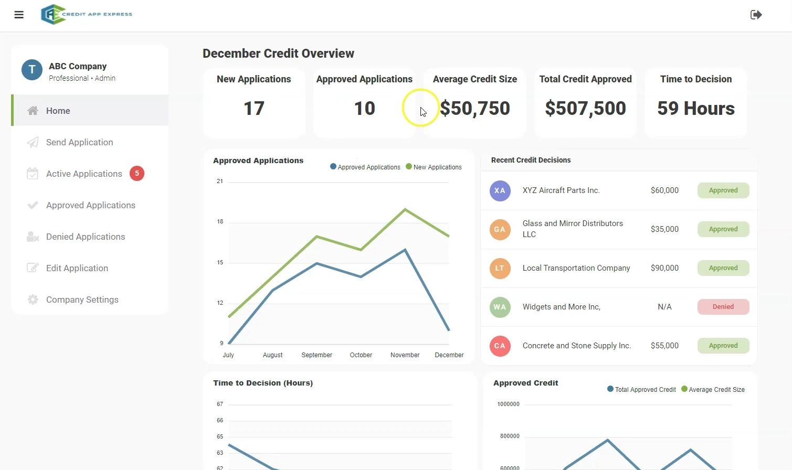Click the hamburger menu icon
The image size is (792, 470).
(19, 15)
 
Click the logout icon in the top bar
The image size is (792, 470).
(756, 15)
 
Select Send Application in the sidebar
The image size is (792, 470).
(79, 142)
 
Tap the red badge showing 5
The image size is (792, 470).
(137, 173)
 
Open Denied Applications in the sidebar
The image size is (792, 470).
(85, 237)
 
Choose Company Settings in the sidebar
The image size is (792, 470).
(82, 300)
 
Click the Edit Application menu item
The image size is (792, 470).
(77, 268)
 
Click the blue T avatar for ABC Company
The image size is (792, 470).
(32, 70)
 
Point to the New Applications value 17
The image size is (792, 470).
(254, 109)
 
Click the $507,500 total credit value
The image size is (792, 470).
(585, 109)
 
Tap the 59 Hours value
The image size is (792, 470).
(696, 109)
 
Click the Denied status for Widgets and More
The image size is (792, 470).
(723, 307)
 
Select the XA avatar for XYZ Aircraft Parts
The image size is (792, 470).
(500, 190)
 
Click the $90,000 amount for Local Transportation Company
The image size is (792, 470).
(664, 268)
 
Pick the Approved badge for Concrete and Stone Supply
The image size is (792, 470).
(723, 346)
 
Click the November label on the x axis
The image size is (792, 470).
(405, 355)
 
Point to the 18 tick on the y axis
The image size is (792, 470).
(220, 222)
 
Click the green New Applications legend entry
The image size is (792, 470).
(434, 167)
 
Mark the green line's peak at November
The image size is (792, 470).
(405, 209)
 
